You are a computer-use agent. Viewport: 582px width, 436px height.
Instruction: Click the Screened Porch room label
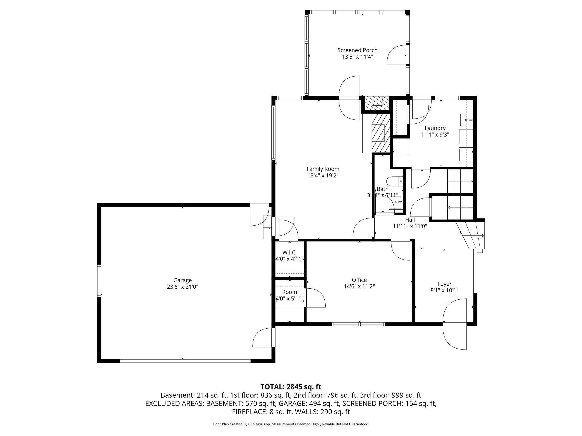[357, 50]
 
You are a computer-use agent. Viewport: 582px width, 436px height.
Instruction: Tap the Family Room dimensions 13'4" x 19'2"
[323, 176]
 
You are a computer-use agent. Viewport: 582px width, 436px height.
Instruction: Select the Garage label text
[182, 280]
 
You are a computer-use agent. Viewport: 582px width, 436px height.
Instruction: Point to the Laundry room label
[435, 128]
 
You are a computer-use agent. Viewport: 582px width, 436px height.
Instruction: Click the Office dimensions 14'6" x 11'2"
[359, 286]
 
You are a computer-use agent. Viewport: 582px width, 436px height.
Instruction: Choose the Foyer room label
[444, 284]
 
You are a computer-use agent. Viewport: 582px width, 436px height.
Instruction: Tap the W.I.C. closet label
[289, 253]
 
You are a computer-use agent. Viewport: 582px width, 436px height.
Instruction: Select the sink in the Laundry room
[467, 120]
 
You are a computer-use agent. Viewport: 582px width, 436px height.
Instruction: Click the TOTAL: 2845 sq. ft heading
[291, 387]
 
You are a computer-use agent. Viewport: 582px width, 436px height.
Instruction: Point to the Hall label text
[410, 220]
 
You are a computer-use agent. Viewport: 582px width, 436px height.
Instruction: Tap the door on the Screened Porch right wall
[396, 55]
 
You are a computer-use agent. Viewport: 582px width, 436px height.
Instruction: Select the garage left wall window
[99, 281]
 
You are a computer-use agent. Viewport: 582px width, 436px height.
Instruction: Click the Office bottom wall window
[359, 324]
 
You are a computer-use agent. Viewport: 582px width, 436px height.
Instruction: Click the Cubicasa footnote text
[291, 424]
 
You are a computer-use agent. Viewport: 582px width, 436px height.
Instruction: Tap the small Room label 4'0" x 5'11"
[289, 295]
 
